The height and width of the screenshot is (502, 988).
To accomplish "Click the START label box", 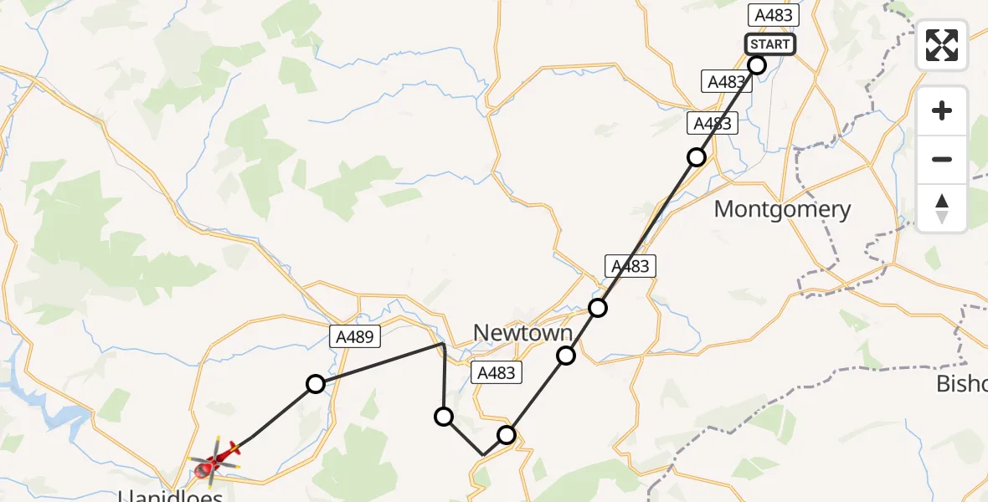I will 770,44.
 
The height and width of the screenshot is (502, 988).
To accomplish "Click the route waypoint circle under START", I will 757,65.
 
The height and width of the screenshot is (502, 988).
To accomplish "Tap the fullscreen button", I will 942,45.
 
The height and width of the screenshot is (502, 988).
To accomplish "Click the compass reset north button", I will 942,208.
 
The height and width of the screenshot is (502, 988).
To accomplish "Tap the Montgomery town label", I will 782,209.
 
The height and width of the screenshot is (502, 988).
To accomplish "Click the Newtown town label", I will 522,333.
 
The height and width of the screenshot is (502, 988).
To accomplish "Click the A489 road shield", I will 355,336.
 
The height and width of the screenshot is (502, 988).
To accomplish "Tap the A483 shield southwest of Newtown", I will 496,373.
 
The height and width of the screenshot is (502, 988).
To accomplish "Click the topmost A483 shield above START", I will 773,15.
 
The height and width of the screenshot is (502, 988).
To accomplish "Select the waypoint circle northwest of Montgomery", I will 696,157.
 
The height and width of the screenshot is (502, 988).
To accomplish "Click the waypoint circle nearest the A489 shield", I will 315,384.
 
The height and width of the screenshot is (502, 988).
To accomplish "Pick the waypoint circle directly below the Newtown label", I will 566,356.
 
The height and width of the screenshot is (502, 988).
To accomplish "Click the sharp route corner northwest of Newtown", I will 444,343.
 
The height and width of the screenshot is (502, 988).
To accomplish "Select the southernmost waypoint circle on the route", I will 507,434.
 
